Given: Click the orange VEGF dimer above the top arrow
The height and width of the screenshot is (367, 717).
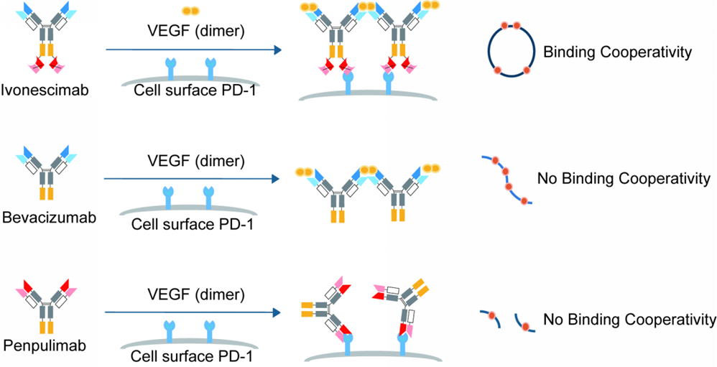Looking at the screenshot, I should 190,11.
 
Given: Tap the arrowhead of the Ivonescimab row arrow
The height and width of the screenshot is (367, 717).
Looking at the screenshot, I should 276,50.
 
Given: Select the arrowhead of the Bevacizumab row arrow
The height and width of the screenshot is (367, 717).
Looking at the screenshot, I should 276,178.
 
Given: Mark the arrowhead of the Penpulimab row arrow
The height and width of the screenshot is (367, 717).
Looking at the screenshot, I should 276,312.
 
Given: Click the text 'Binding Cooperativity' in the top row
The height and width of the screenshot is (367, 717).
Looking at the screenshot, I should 617,52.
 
